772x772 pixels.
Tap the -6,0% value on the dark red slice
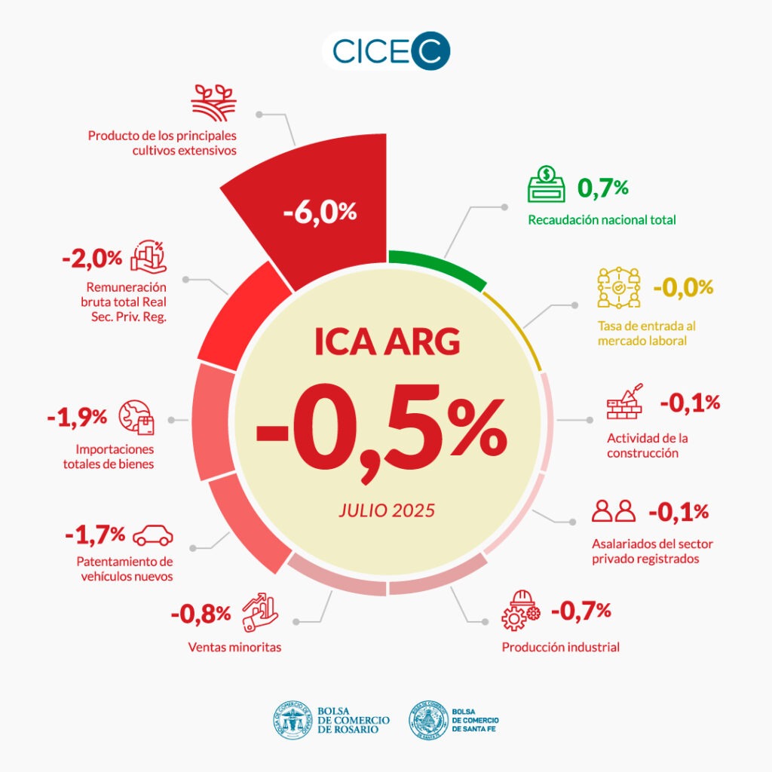[x=320, y=212]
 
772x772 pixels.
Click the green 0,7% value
[x=602, y=187]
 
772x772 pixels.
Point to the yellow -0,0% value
[x=682, y=287]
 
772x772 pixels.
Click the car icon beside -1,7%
[x=153, y=536]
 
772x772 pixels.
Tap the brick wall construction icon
[x=626, y=403]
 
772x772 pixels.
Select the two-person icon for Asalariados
[x=614, y=511]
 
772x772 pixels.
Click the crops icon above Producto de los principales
[x=213, y=103]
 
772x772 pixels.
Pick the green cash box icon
[x=547, y=185]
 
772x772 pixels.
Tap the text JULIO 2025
[x=387, y=510]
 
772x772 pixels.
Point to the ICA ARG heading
[x=387, y=342]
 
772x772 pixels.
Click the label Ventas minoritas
[x=234, y=647]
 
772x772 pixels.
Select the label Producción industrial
[x=560, y=647]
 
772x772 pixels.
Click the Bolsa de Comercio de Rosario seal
[x=293, y=720]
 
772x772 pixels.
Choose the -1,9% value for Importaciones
[x=77, y=417]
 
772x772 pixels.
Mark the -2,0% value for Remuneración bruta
[x=91, y=258]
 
